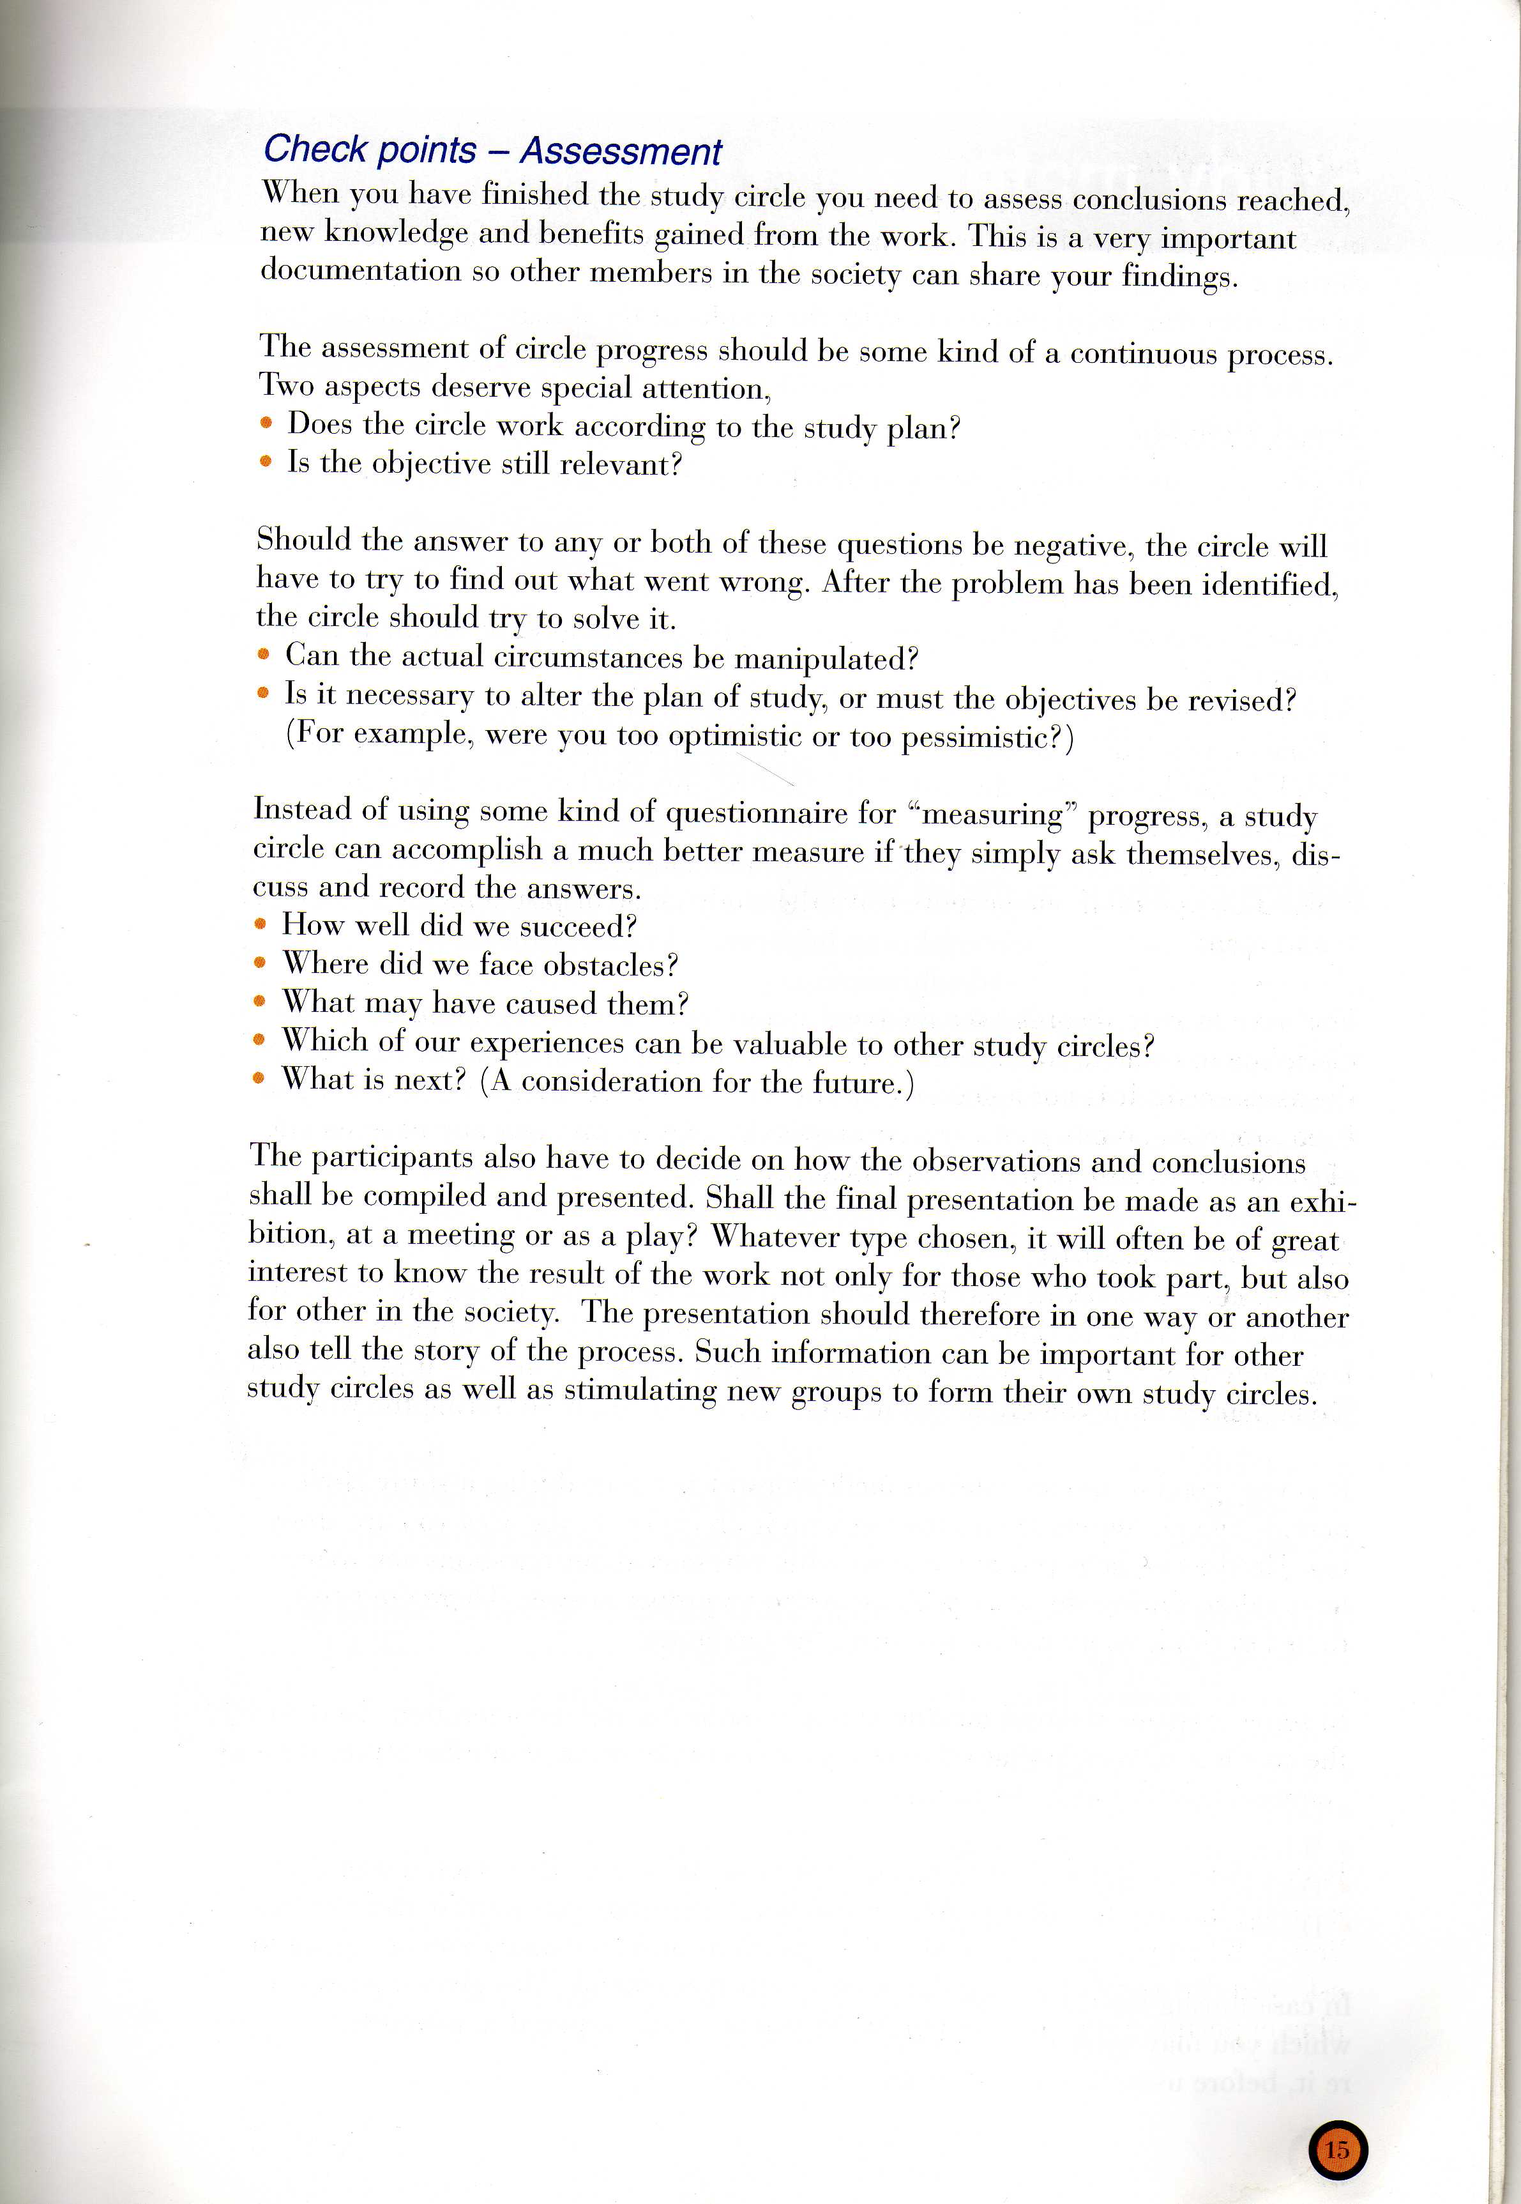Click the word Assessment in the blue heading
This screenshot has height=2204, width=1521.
(x=621, y=151)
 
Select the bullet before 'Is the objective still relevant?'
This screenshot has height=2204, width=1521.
(x=267, y=463)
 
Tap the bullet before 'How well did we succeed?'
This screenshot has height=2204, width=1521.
(x=260, y=924)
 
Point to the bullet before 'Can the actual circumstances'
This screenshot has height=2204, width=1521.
(x=264, y=656)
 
